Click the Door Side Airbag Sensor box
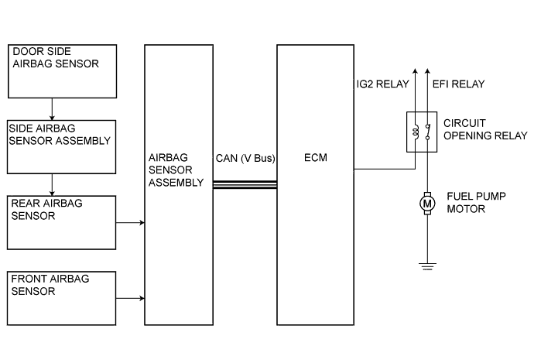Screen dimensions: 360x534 [x=60, y=70]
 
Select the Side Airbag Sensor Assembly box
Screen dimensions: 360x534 [x=60, y=146]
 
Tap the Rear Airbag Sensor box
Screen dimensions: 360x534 [x=60, y=221]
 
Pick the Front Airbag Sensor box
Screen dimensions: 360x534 [x=60, y=297]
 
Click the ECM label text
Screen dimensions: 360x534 [x=315, y=159]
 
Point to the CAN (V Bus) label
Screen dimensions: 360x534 [x=245, y=159]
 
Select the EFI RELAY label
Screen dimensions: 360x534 [x=454, y=83]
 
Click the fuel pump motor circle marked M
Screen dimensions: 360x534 [x=426, y=204]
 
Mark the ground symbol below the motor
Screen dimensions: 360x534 [x=426, y=267]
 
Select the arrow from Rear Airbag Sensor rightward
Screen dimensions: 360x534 [x=129, y=223]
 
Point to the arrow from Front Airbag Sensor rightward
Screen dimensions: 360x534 [x=129, y=298]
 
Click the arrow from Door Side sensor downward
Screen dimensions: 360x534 [x=52, y=108]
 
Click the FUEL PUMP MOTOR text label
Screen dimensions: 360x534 [x=477, y=203]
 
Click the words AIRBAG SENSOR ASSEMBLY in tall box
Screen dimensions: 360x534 [x=176, y=170]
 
